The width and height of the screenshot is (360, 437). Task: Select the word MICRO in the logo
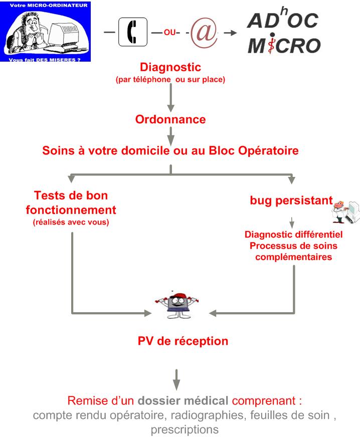pyautogui.click(x=284, y=46)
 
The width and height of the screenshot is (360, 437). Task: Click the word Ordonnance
pyautogui.click(x=170, y=120)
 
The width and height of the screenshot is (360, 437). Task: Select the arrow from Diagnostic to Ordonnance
pyautogui.click(x=170, y=98)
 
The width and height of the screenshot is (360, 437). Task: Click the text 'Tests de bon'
pyautogui.click(x=72, y=195)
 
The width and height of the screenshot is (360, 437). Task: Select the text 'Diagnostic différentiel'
pyautogui.click(x=293, y=234)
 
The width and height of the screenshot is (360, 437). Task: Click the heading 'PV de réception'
pyautogui.click(x=183, y=341)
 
